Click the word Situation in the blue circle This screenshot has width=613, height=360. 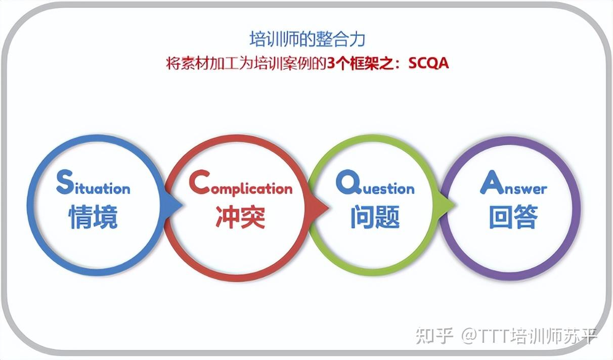(x=94, y=185)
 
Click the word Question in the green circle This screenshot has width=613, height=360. (x=375, y=186)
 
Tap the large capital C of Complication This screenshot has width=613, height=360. (x=198, y=183)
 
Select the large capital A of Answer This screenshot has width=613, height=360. (x=491, y=183)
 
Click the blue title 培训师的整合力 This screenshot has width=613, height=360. (x=307, y=39)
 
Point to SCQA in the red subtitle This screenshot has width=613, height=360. (x=428, y=64)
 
